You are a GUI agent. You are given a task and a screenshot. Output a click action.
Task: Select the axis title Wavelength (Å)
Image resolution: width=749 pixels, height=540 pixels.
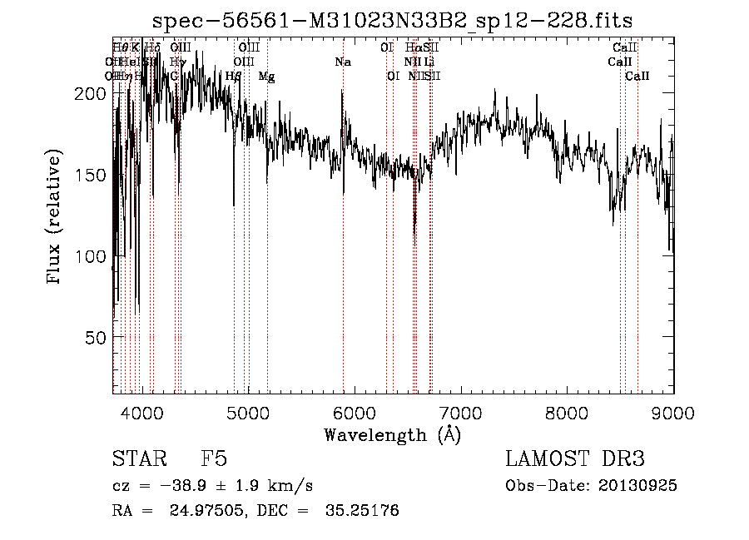tap(392, 434)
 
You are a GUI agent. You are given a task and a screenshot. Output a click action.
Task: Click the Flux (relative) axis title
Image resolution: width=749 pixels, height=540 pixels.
tap(56, 218)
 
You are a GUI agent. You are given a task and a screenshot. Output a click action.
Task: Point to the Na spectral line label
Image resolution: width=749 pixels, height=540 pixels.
tap(343, 62)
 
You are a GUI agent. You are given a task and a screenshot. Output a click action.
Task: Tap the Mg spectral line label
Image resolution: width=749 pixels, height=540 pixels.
tap(266, 77)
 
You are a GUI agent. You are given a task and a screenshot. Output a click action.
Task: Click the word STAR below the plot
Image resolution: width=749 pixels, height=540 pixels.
tap(137, 459)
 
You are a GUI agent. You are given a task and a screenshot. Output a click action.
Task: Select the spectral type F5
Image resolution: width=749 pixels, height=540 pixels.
tap(214, 459)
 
